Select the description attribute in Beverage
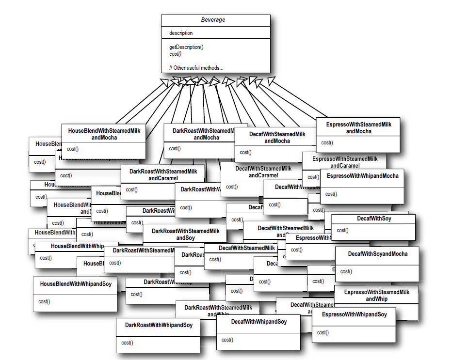tap(181, 33)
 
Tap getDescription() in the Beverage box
tap(186, 47)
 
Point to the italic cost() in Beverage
tap(176, 54)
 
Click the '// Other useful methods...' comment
tap(196, 68)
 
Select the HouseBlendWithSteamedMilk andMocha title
tap(104, 134)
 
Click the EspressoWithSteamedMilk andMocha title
tap(358, 128)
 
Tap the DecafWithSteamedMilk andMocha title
tap(277, 138)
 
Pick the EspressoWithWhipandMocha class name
tap(362, 176)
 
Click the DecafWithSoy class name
tap(374, 219)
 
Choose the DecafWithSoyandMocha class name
tap(377, 254)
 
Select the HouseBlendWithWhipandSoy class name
tap(75, 284)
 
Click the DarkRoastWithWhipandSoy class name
tap(159, 325)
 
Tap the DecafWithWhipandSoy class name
tap(258, 322)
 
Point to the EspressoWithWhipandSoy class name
tap(354, 314)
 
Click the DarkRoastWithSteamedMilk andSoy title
tap(185, 235)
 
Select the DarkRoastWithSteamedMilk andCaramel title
tap(163, 175)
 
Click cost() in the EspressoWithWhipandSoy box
tap(322, 332)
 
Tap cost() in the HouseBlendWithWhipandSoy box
tap(44, 301)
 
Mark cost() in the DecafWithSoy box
tap(341, 230)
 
